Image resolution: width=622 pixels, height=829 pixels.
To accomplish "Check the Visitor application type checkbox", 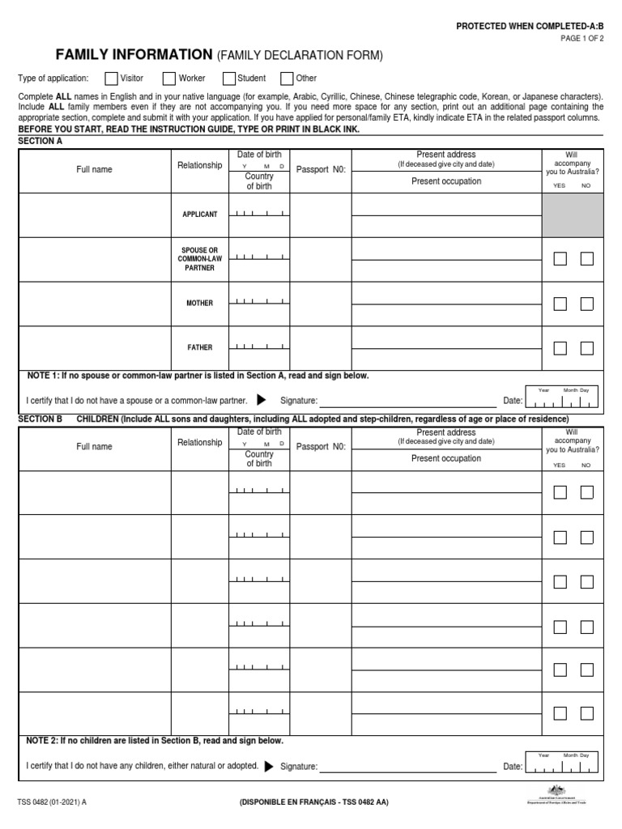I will click(x=111, y=79).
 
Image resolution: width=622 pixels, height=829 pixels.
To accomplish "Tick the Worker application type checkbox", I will click(x=169, y=79).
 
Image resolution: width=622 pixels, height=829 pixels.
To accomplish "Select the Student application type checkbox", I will click(x=229, y=79).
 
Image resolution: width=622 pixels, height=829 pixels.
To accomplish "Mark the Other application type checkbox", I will click(x=287, y=79).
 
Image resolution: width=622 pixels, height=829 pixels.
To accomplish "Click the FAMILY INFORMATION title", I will click(x=134, y=55).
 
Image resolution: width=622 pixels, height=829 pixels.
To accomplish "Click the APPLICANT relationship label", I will click(x=199, y=215).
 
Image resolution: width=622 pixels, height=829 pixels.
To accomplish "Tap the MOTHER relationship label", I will click(x=199, y=304).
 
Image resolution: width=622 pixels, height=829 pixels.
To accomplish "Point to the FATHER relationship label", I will click(x=199, y=348).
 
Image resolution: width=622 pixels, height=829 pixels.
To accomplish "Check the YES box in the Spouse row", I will click(x=560, y=259).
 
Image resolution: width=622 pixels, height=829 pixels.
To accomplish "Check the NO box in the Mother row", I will click(x=587, y=304).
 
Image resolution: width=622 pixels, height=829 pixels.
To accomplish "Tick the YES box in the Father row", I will click(x=560, y=348).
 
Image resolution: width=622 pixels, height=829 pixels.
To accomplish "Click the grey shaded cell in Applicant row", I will click(x=573, y=215).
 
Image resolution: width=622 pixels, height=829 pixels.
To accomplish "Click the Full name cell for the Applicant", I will click(x=95, y=215).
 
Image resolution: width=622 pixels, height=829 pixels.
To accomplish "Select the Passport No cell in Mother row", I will click(x=320, y=304).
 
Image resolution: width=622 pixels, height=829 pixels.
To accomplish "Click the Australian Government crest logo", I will click(x=556, y=791).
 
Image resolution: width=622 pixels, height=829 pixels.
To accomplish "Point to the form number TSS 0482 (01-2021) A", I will click(x=53, y=802).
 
